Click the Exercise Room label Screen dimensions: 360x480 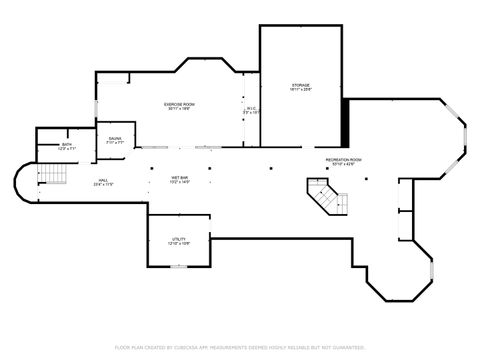point(179,103)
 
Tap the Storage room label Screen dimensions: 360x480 point(301,85)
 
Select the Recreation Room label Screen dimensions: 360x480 point(343,159)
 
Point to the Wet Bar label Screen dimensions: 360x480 point(180,177)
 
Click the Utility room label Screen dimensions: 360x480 point(178,239)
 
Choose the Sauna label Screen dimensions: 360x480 point(115,138)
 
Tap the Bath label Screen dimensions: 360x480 point(67,144)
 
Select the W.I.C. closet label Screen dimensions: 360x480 point(251,108)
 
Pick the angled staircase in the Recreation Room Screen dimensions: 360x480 point(327,196)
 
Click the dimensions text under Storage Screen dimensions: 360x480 point(301,90)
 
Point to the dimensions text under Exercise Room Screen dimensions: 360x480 point(179,108)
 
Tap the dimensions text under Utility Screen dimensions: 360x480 point(178,244)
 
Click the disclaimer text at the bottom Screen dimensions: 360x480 point(240,347)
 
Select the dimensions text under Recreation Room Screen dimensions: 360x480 point(343,164)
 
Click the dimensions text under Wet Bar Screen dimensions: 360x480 point(180,182)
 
